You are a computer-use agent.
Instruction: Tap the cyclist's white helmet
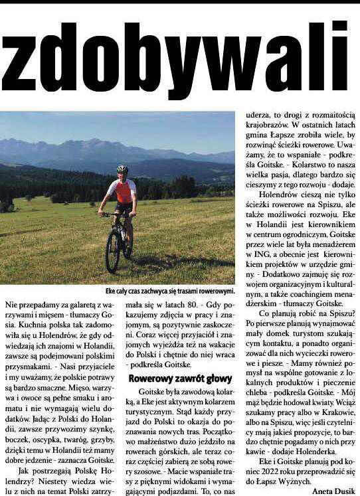pos(122,169)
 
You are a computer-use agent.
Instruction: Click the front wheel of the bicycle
pos(112,252)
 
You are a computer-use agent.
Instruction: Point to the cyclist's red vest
pos(124,192)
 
